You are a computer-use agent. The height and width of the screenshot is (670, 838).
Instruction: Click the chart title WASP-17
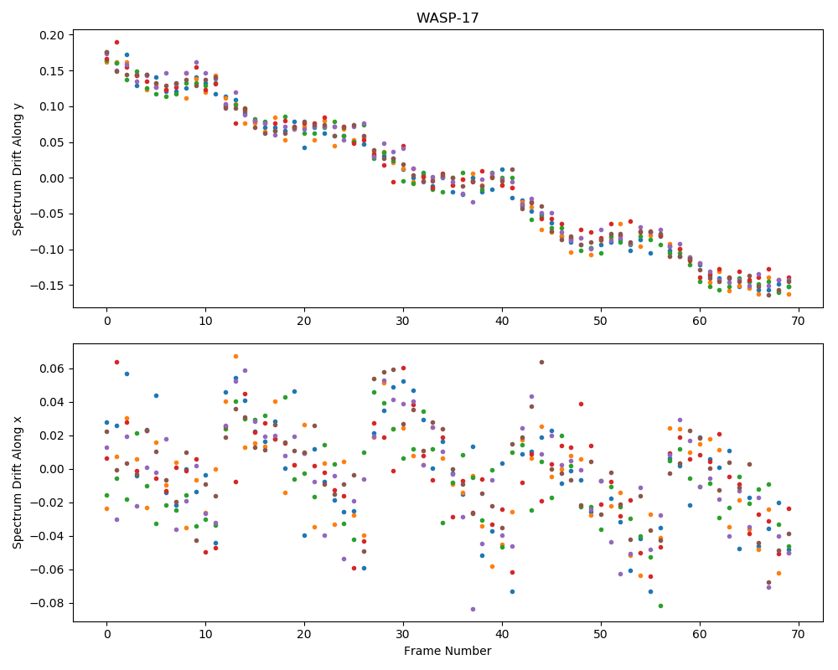(x=447, y=18)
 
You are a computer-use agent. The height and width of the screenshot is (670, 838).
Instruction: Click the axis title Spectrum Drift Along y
(x=18, y=168)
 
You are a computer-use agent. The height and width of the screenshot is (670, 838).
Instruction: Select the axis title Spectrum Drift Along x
(x=18, y=482)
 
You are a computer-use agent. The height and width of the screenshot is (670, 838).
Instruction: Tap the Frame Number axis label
(x=447, y=651)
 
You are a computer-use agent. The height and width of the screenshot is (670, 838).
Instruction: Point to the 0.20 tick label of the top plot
(x=52, y=35)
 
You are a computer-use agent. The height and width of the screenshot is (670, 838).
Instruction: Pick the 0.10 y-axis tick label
(x=52, y=107)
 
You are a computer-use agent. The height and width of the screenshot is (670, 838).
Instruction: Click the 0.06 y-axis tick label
(x=52, y=368)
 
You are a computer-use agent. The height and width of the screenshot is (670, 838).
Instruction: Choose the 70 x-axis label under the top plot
(x=799, y=321)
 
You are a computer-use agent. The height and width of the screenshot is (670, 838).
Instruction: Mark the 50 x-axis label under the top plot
(x=601, y=321)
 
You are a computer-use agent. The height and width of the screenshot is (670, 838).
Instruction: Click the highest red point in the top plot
(x=116, y=42)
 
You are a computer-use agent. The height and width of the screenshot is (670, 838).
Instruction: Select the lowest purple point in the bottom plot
(x=473, y=609)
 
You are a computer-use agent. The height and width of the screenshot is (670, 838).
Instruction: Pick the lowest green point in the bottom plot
(x=660, y=606)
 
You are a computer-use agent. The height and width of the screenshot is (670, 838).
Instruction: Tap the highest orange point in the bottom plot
(x=235, y=357)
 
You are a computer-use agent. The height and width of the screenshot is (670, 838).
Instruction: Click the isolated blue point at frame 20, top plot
(x=305, y=147)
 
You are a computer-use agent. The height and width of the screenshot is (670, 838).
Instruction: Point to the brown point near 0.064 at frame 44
(x=541, y=363)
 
